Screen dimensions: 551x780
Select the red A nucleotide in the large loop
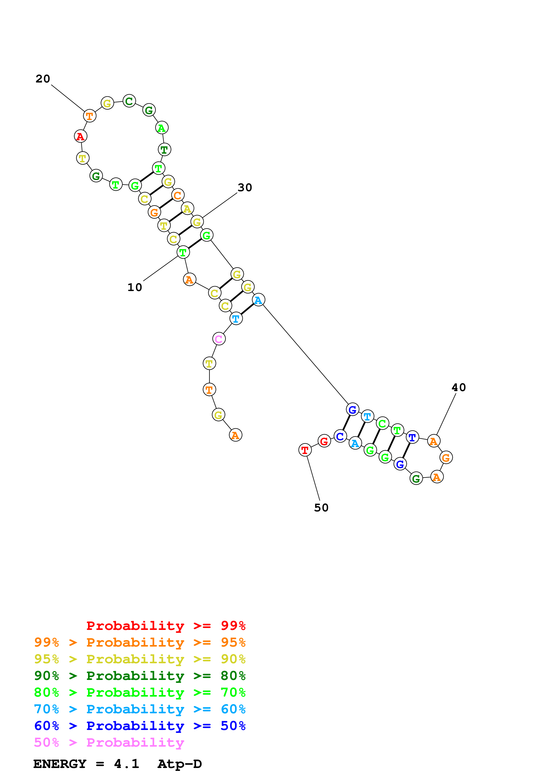tap(80, 136)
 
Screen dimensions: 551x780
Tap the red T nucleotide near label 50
tap(305, 450)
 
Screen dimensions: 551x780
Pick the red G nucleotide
tap(324, 441)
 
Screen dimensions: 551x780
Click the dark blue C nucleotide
tap(340, 436)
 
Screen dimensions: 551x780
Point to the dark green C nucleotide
tap(129, 101)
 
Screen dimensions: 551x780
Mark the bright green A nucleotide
tap(162, 128)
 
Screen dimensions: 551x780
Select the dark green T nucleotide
tap(164, 149)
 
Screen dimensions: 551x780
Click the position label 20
tap(43, 79)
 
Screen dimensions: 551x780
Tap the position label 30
tap(245, 187)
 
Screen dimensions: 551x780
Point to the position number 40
tap(459, 387)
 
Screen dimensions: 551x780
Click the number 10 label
tap(135, 287)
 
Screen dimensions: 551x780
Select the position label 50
tap(321, 508)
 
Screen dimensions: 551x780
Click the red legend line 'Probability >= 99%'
tap(166, 625)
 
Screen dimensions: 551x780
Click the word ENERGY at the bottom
tap(60, 764)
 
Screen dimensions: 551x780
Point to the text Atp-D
tap(180, 764)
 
